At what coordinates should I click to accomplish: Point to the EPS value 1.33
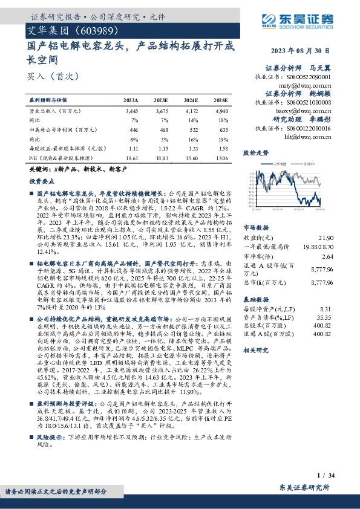pyautogui.click(x=191, y=148)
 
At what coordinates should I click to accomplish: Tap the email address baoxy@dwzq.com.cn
pyautogui.click(x=310, y=111)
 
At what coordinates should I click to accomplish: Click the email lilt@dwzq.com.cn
pyautogui.click(x=311, y=137)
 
